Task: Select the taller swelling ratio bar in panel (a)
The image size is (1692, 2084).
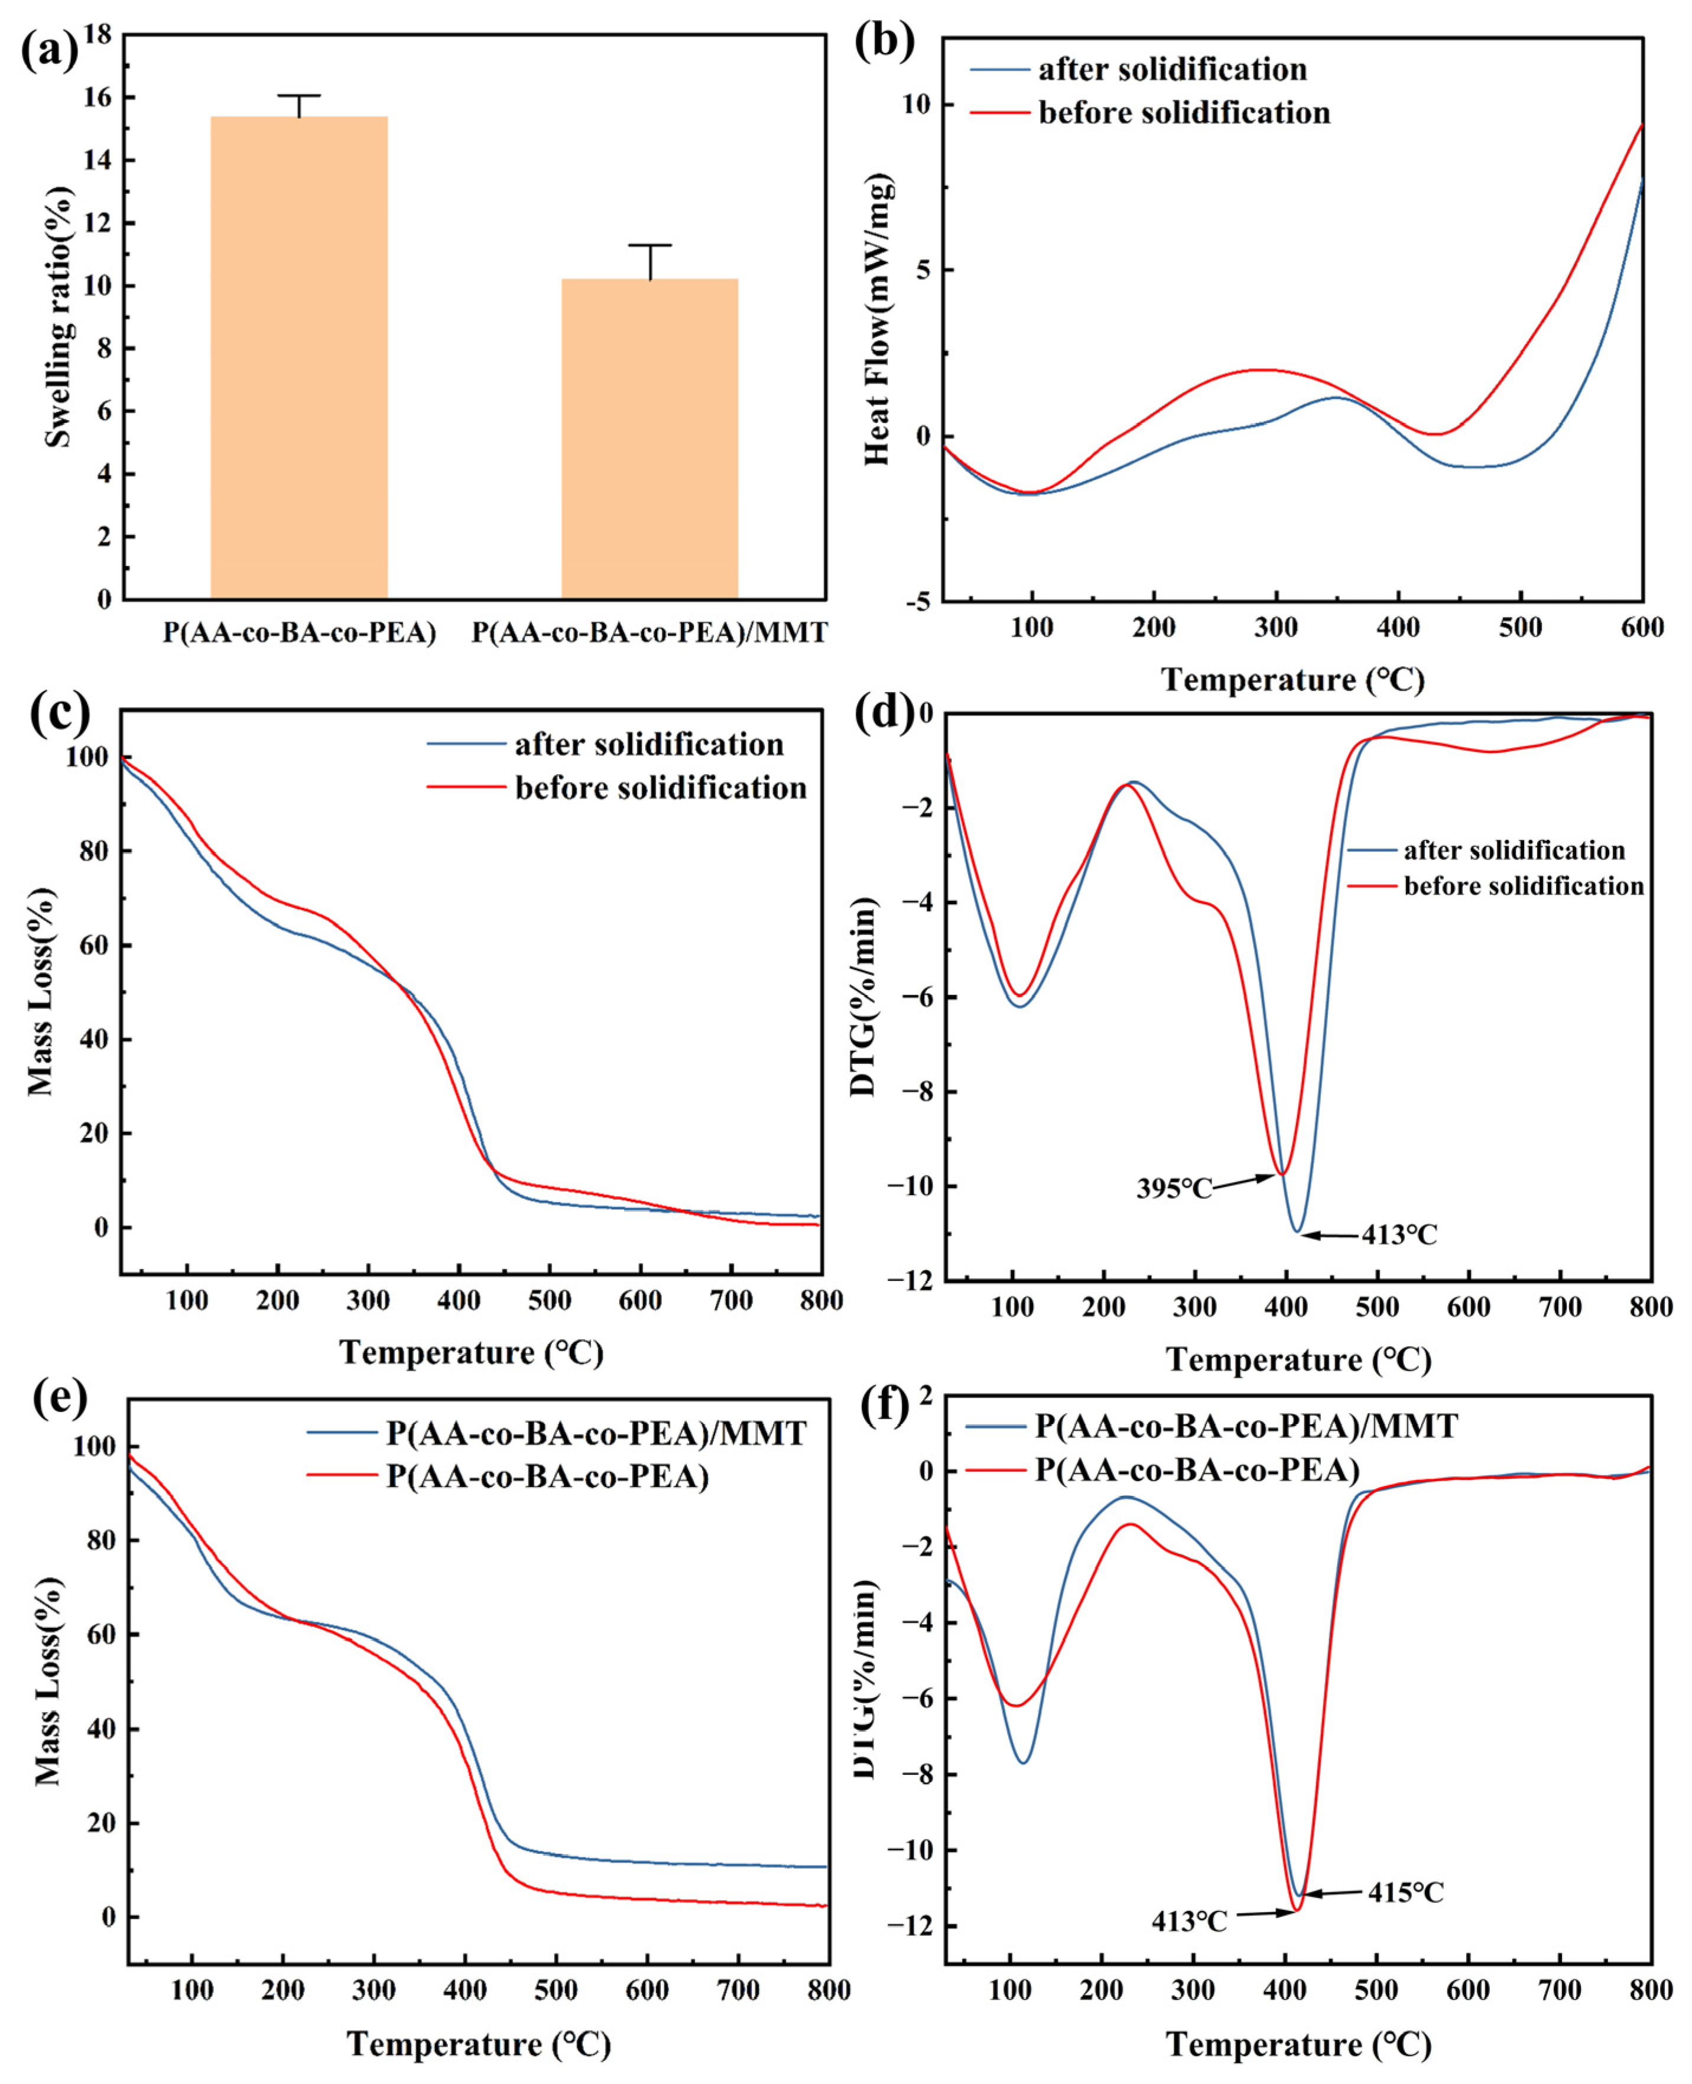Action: pos(299,357)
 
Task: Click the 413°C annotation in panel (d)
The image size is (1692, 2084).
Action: pos(1399,1235)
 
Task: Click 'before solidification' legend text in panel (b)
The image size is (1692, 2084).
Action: pos(1184,113)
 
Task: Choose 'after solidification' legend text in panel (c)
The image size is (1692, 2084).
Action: pos(649,745)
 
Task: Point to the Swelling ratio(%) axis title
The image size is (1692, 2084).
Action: pos(59,317)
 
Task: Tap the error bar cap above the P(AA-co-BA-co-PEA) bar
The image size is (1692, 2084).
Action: pos(299,96)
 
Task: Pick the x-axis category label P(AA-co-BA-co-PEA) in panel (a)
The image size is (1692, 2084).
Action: pos(299,632)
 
